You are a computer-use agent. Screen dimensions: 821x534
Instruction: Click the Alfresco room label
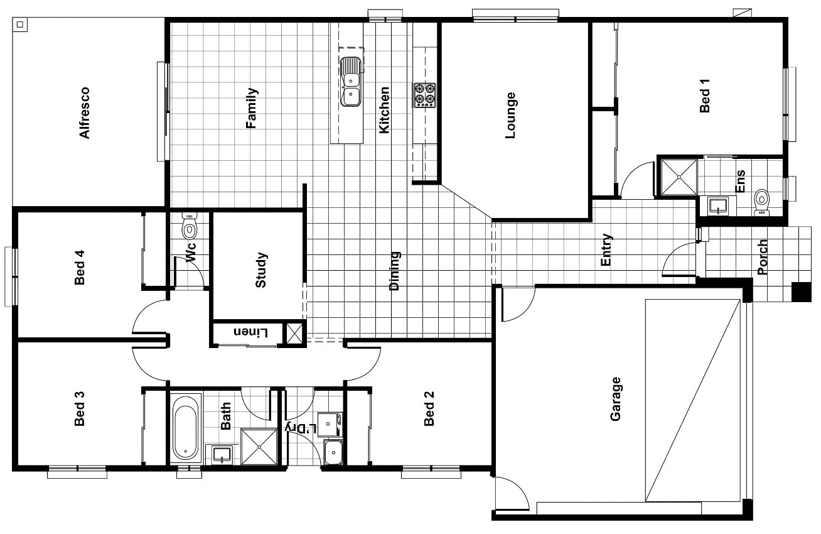85,112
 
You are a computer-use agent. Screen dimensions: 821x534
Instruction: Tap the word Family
252,108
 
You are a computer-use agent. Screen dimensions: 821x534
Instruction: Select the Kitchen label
384,110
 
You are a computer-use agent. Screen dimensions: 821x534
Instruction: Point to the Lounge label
510,115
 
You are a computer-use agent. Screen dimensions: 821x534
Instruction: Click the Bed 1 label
704,95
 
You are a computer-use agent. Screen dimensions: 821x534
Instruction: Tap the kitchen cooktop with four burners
425,95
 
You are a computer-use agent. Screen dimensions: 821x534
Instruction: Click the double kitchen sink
350,82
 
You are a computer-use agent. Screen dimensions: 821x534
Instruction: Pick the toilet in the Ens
761,202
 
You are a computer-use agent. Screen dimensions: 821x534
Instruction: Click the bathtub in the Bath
186,427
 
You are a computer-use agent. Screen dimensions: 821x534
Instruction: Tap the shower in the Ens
679,177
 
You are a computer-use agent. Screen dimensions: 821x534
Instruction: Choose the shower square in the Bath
259,447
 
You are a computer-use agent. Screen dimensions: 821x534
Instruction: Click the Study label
260,270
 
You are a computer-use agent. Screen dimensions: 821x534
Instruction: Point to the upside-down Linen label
251,332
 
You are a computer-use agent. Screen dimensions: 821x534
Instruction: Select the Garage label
615,399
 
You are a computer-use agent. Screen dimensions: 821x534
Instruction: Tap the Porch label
763,257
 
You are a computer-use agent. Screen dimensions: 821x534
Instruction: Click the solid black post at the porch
801,292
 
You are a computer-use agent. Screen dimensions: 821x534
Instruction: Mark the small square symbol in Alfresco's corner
20,25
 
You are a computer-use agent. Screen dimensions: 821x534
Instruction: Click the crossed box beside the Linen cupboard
294,334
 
